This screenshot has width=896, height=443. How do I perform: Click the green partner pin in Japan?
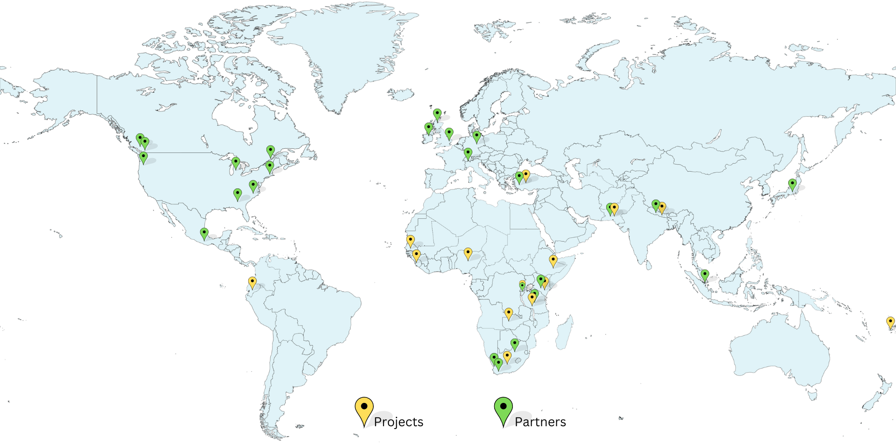[792, 184]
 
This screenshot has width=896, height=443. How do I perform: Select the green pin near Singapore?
[705, 275]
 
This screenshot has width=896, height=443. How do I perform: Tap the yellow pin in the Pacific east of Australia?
[890, 322]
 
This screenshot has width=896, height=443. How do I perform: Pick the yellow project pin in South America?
[252, 282]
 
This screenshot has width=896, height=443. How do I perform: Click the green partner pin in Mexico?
[204, 233]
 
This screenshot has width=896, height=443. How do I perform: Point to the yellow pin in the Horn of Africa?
[553, 260]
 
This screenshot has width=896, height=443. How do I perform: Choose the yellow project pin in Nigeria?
[468, 253]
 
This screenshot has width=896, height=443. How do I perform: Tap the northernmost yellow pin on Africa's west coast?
[410, 241]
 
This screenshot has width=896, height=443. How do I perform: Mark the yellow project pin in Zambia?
[509, 313]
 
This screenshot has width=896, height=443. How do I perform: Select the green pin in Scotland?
[437, 114]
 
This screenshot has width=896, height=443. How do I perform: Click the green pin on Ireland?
[428, 128]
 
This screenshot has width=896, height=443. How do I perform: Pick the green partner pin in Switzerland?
[468, 153]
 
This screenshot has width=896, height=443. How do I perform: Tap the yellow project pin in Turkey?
[526, 175]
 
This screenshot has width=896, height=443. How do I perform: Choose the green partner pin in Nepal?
[656, 205]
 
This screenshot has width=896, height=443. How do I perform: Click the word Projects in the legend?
[399, 422]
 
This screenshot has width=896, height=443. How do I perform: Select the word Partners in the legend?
[540, 422]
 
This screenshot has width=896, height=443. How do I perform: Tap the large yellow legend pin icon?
[364, 408]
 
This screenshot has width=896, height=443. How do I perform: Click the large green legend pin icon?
[503, 408]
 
